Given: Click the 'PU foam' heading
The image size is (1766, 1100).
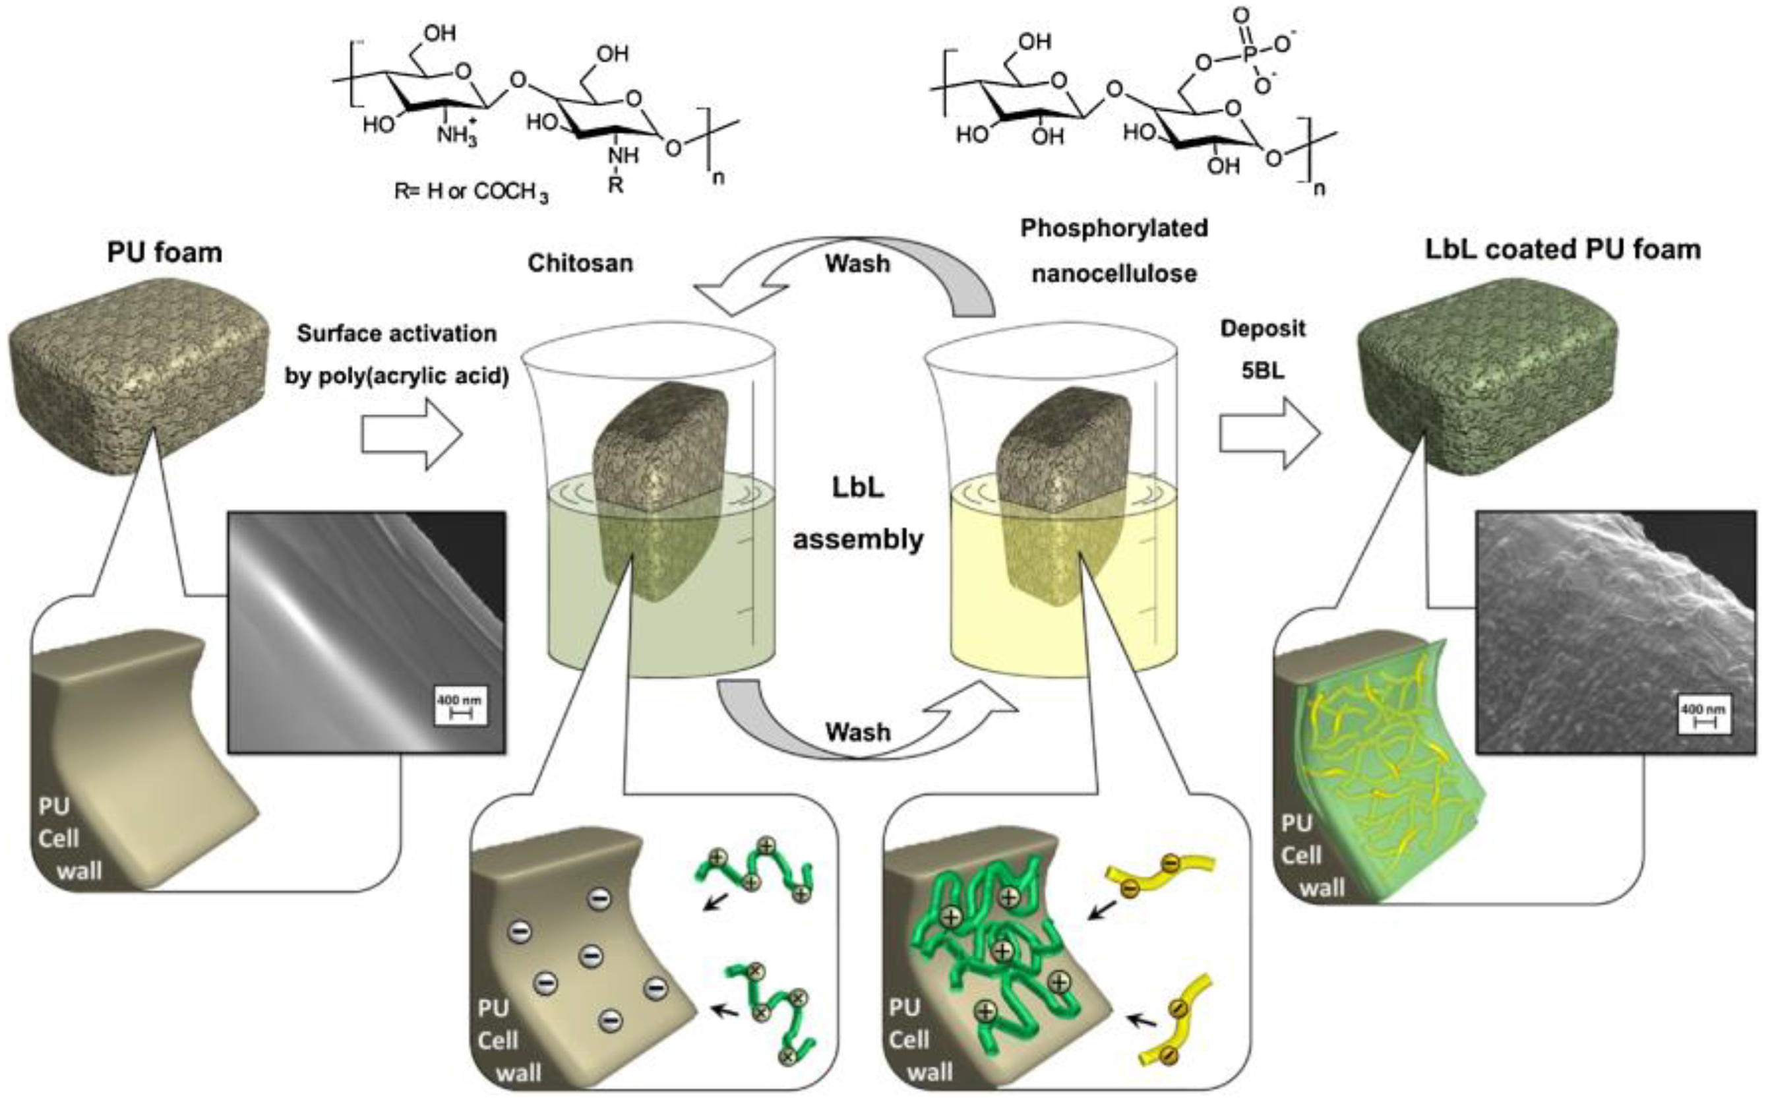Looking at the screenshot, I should pyautogui.click(x=164, y=253).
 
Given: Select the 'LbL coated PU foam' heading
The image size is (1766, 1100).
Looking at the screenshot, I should pyautogui.click(x=1562, y=249).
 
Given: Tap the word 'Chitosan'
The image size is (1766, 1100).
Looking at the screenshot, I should pyautogui.click(x=580, y=262).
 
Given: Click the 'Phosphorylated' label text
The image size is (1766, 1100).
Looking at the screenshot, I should pyautogui.click(x=1114, y=228).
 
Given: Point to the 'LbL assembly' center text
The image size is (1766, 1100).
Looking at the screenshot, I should pyautogui.click(x=858, y=514).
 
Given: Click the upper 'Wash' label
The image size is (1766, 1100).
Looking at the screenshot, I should pyautogui.click(x=857, y=263).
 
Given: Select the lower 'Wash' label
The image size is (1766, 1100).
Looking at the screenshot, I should pyautogui.click(x=858, y=731).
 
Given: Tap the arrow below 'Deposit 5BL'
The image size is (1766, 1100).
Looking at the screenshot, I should pyautogui.click(x=1270, y=435).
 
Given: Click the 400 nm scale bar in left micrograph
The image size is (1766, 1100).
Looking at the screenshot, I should pyautogui.click(x=460, y=707).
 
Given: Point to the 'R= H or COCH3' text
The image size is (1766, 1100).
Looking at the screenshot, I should pyautogui.click(x=472, y=192).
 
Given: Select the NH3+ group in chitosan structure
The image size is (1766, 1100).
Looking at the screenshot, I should pyautogui.click(x=458, y=133).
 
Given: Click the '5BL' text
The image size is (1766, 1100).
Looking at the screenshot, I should pyautogui.click(x=1263, y=371).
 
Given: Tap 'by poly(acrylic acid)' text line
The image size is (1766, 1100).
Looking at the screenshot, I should pyautogui.click(x=397, y=377).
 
